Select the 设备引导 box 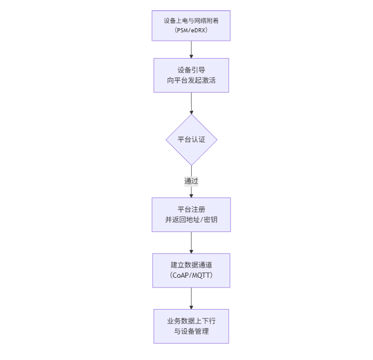(x=191, y=75)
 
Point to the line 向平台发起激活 (x=191, y=81)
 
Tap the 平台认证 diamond (x=191, y=139)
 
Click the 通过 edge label (x=191, y=181)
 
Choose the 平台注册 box (x=191, y=214)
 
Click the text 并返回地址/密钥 (x=191, y=220)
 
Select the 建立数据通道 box (x=191, y=270)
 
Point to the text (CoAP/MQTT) (x=191, y=276)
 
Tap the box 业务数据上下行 (x=191, y=326)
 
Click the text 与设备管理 (x=191, y=332)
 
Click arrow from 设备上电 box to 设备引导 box (x=191, y=49)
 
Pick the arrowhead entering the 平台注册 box (x=191, y=195)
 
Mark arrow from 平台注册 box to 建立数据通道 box (x=191, y=242)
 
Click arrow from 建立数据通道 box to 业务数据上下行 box (x=191, y=298)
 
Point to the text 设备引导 (x=191, y=69)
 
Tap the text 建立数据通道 (x=191, y=265)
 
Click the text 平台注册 (x=191, y=209)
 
